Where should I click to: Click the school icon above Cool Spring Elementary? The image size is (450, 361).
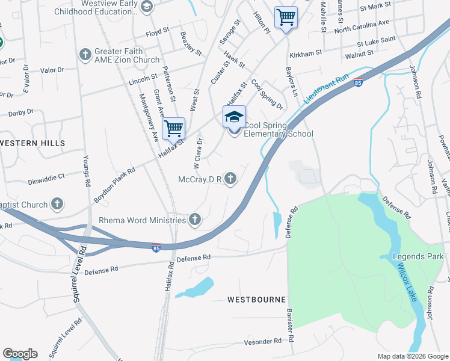[x=235, y=116]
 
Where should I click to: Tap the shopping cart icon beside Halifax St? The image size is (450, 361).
[x=173, y=128]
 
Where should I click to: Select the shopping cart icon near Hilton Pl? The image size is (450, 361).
[x=286, y=17]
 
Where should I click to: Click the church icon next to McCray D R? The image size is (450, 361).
[x=230, y=179]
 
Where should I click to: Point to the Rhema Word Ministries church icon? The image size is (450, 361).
[x=194, y=220]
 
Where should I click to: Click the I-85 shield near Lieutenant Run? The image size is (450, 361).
[x=358, y=82]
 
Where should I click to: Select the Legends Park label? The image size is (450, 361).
[x=418, y=257]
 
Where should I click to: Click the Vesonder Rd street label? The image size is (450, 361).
[x=263, y=341]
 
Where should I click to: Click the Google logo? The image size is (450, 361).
[x=20, y=354]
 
